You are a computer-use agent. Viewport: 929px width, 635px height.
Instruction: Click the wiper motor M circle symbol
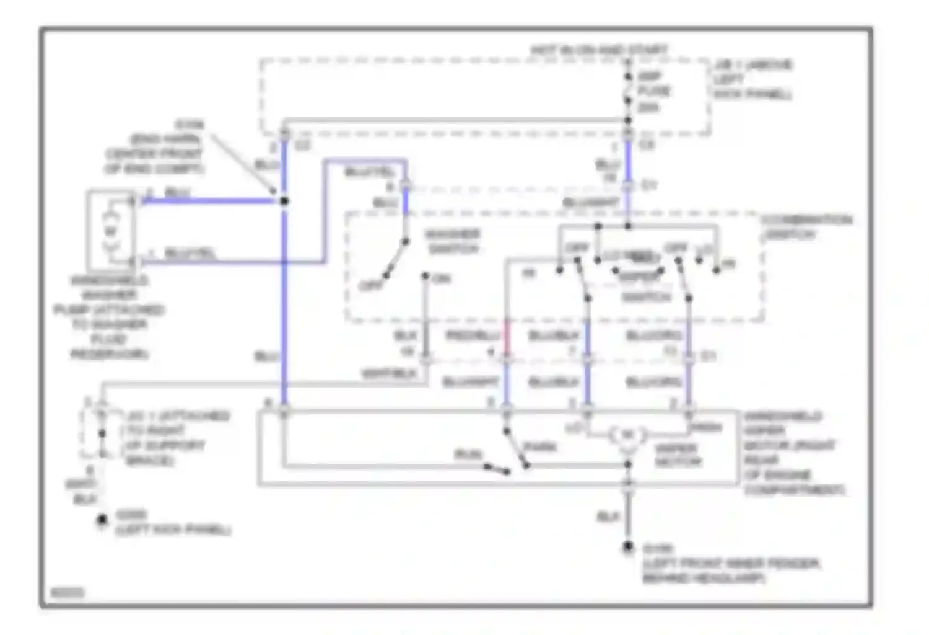tap(627, 435)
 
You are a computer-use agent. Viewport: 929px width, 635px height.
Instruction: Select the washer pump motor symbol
tap(110, 231)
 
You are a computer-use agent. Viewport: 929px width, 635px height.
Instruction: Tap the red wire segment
tap(507, 338)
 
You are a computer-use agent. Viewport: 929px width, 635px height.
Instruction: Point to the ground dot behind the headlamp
tap(628, 547)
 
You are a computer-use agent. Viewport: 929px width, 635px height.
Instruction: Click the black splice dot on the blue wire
tap(284, 201)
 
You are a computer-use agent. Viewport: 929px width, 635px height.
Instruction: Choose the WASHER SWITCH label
tap(453, 241)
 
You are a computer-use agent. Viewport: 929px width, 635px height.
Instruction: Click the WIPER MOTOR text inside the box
tap(678, 455)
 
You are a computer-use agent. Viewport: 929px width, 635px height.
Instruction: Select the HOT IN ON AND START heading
tap(599, 50)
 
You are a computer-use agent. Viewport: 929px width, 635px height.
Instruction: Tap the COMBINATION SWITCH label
tap(806, 227)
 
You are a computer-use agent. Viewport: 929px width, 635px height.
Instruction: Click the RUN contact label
tap(468, 455)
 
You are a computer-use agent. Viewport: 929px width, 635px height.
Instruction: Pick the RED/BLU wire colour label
tap(473, 335)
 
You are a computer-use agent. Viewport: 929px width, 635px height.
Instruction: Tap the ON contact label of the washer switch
tap(442, 279)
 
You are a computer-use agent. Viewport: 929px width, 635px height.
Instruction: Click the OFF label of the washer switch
tap(372, 286)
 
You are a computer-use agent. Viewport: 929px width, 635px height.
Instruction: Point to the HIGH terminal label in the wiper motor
tap(707, 427)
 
